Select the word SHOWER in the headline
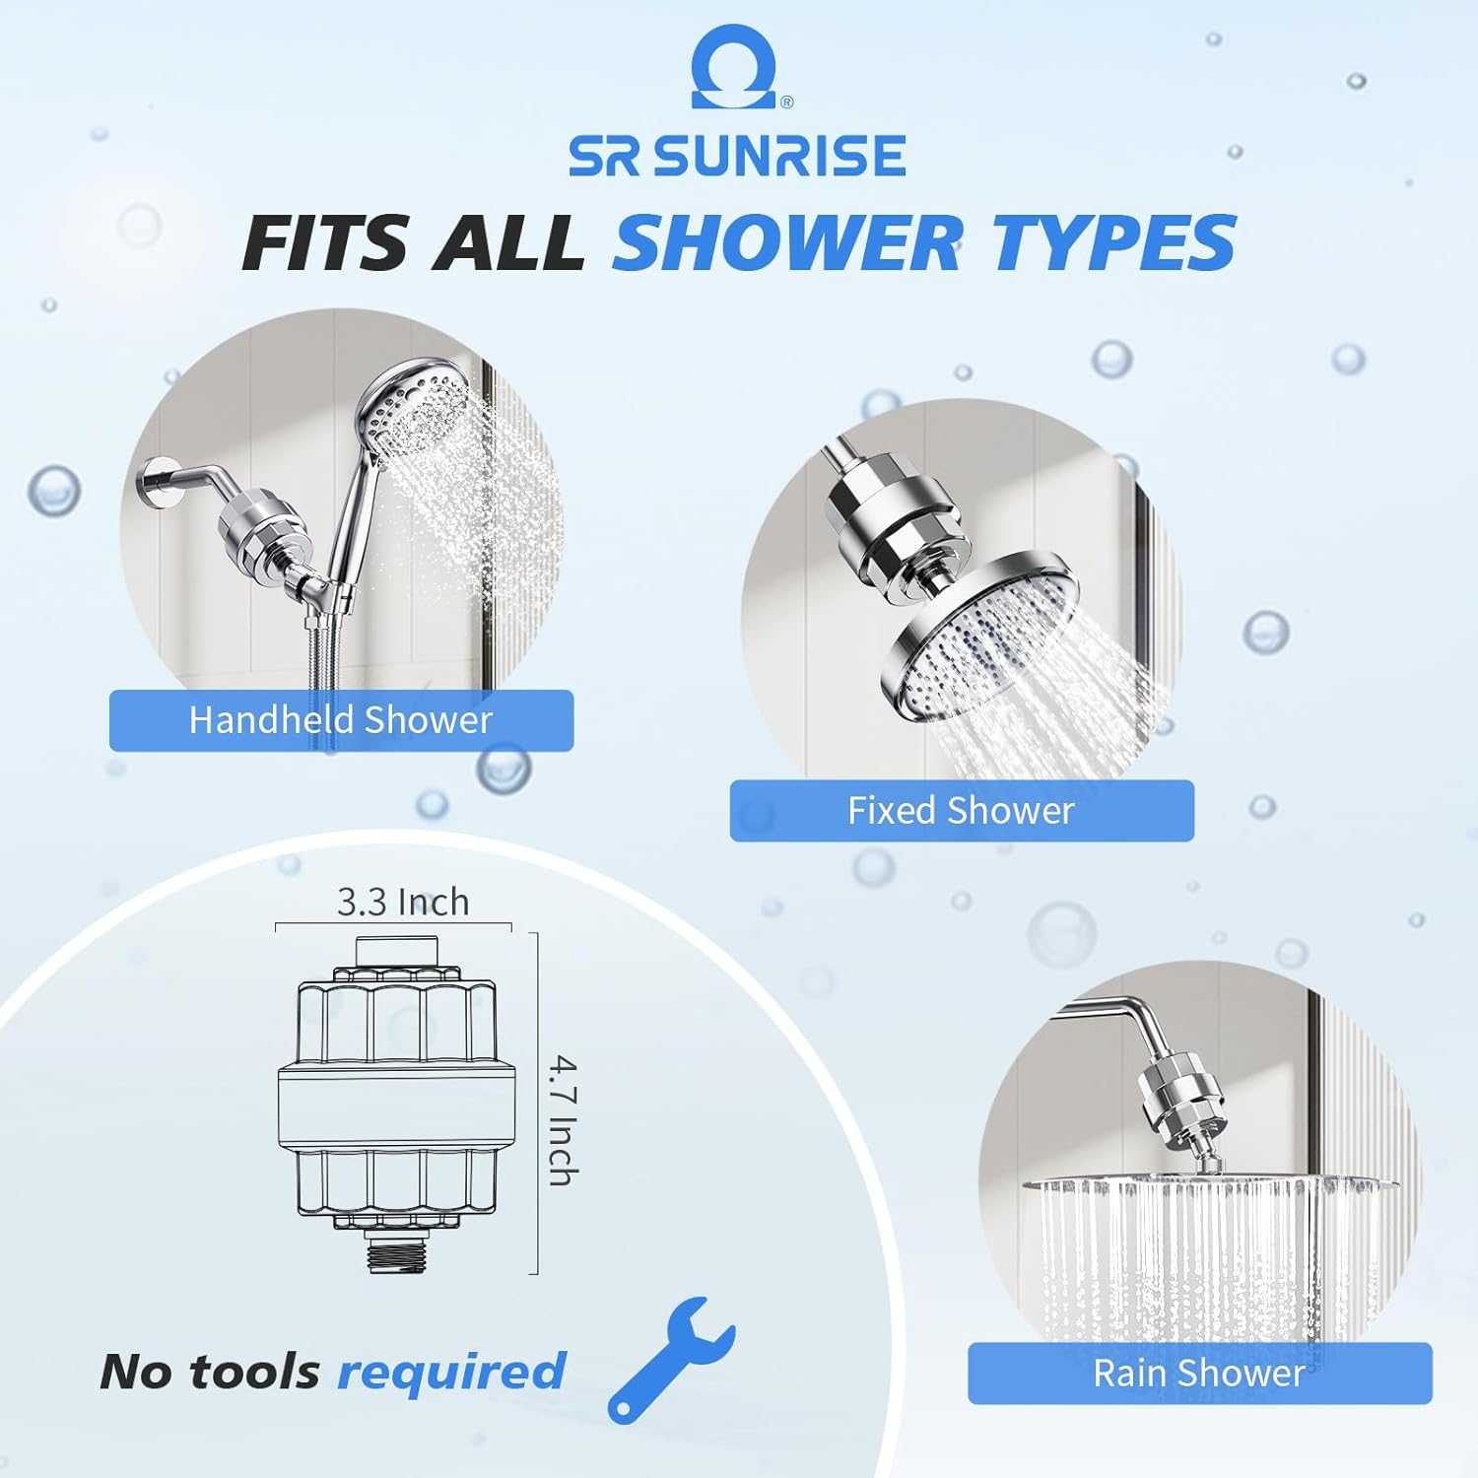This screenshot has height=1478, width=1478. click(786, 242)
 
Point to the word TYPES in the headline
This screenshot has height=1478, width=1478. click(1113, 242)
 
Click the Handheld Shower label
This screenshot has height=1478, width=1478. click(341, 720)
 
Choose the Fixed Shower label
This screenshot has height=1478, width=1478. click(961, 811)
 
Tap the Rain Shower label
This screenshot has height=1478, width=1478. click(1199, 1373)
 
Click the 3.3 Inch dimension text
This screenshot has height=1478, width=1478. click(403, 902)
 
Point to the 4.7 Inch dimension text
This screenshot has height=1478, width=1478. click(563, 1120)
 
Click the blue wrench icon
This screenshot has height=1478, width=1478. click(669, 1358)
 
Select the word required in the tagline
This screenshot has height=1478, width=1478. click(451, 1372)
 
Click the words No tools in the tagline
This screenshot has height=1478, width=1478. click(210, 1372)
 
